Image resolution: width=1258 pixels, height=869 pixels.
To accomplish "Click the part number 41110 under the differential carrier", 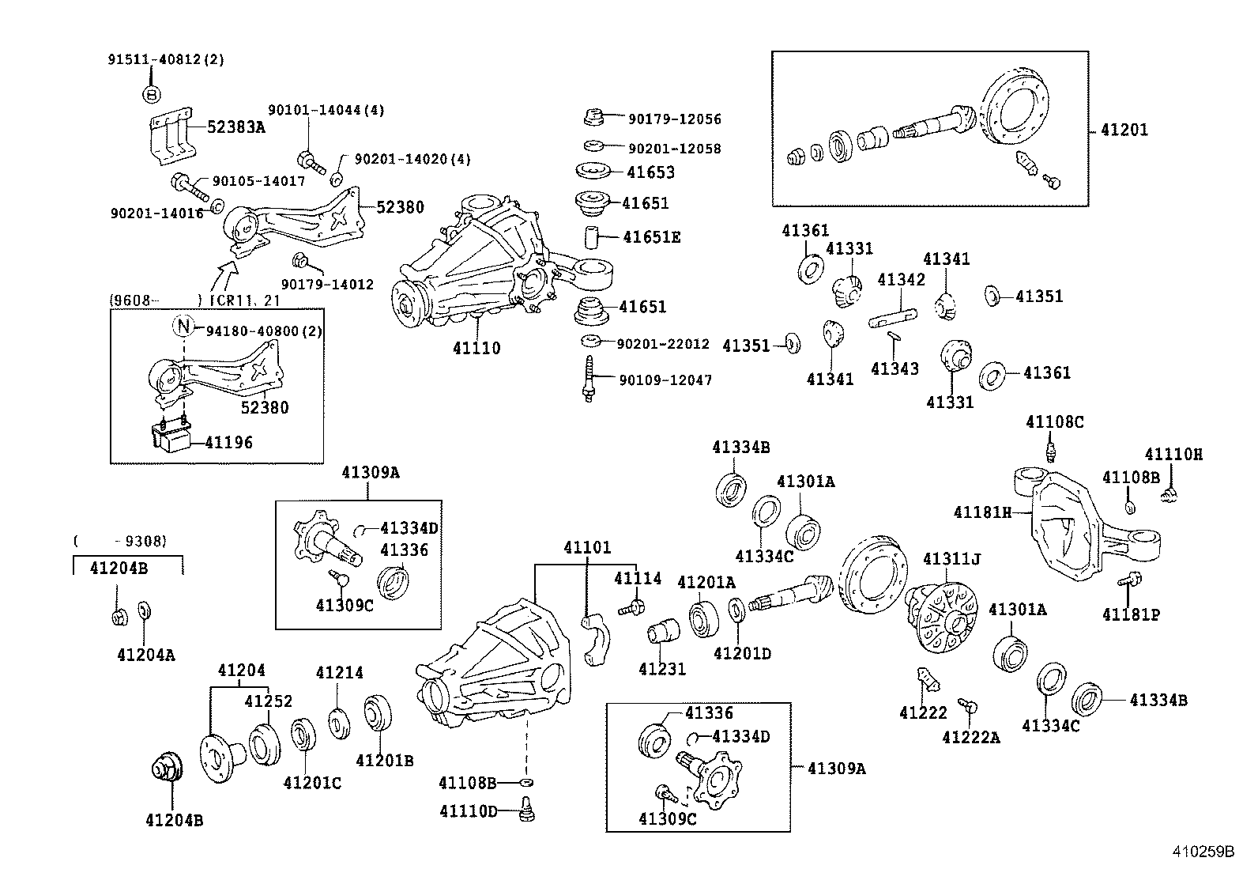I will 476,348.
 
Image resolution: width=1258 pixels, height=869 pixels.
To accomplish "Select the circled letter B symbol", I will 152,94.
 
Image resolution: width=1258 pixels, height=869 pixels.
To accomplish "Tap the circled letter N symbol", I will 183,326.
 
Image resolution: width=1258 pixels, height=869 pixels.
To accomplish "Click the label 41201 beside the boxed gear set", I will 1124,130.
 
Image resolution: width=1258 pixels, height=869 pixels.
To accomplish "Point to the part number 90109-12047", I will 665,380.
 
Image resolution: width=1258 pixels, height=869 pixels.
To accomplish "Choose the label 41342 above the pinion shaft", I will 901,280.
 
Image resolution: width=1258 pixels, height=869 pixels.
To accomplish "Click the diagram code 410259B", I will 1203,852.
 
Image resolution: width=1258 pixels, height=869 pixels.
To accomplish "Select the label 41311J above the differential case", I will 951,560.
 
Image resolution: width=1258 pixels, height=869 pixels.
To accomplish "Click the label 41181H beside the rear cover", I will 982,512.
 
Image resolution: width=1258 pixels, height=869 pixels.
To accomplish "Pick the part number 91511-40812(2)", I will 166,59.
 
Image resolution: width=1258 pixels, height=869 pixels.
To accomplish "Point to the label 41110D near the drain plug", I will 469,811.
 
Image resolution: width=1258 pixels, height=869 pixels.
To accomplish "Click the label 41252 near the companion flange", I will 268,701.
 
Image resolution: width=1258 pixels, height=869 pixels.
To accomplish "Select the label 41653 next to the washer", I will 650,172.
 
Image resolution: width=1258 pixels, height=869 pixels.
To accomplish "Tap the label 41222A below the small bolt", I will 970,738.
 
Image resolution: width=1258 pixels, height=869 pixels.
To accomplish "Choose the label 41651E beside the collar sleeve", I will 651,237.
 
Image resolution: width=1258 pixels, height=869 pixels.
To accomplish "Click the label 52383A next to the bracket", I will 236,127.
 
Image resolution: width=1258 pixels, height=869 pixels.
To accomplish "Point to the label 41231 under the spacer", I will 662,669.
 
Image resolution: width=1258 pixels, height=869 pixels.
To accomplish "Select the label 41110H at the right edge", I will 1173,455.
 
